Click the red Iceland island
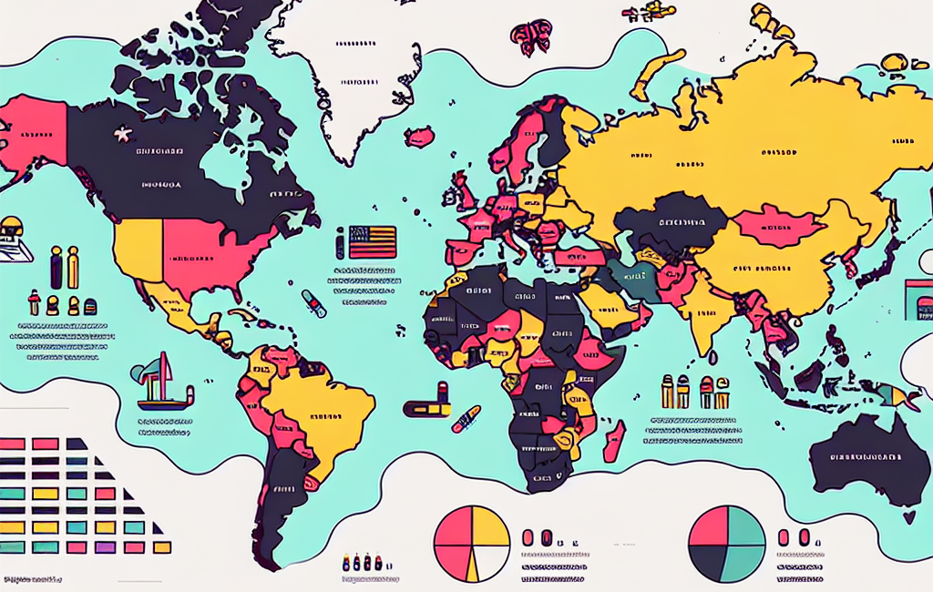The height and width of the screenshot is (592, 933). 419,138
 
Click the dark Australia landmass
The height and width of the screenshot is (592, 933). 866,460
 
